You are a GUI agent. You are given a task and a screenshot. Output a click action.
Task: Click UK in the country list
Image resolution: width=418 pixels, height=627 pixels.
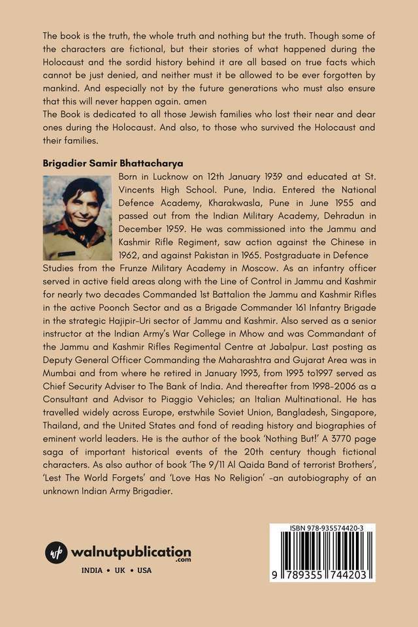pos(120,570)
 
